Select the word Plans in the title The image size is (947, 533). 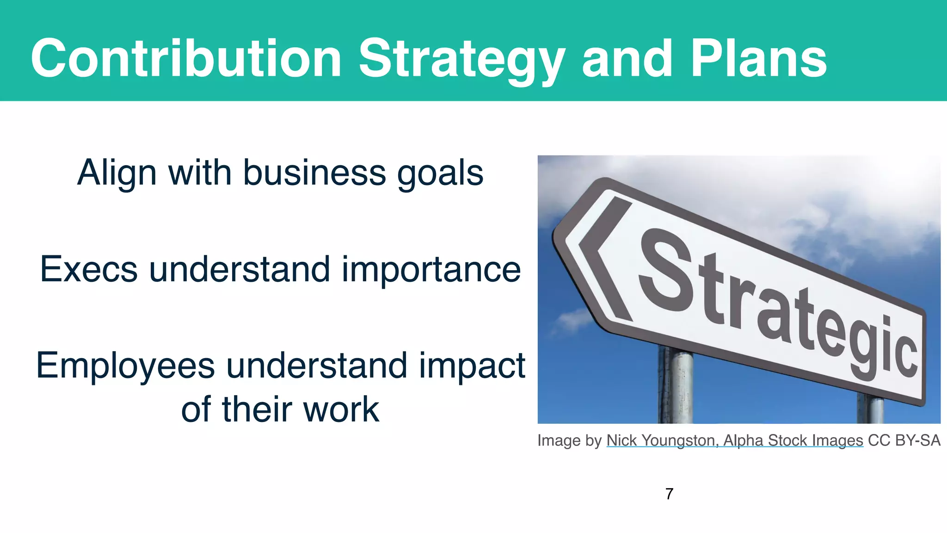point(758,59)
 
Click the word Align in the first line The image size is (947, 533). point(117,173)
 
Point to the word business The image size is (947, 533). point(314,173)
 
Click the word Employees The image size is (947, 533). point(125,366)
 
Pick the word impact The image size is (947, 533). point(472,366)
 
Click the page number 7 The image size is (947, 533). point(669,494)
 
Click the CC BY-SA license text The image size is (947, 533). point(904,440)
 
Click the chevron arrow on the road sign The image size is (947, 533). point(603,259)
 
